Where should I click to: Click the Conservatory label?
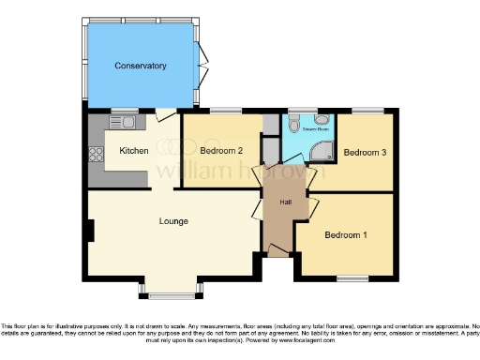click(x=141, y=66)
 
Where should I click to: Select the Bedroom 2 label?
click(x=222, y=150)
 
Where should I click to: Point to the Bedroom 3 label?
click(x=365, y=153)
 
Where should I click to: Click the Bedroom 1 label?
click(x=346, y=234)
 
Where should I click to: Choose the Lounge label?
click(x=173, y=221)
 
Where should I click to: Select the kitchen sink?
click(x=122, y=122)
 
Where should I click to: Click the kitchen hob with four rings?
click(x=95, y=153)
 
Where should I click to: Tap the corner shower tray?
click(x=323, y=150)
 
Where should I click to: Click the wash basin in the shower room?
click(x=324, y=119)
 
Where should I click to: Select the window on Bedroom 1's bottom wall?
click(x=352, y=278)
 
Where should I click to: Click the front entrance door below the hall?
click(x=277, y=250)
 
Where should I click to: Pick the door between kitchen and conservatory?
click(x=165, y=114)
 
